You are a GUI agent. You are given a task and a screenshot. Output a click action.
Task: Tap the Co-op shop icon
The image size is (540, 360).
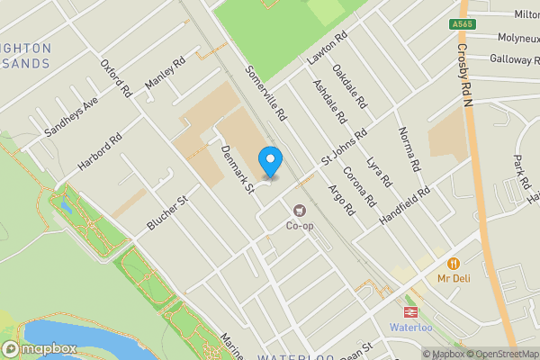[298, 211]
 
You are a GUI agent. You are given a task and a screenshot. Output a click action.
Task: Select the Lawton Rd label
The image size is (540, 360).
[327, 50]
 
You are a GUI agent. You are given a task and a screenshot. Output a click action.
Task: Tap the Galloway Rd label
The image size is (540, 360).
[514, 58]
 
